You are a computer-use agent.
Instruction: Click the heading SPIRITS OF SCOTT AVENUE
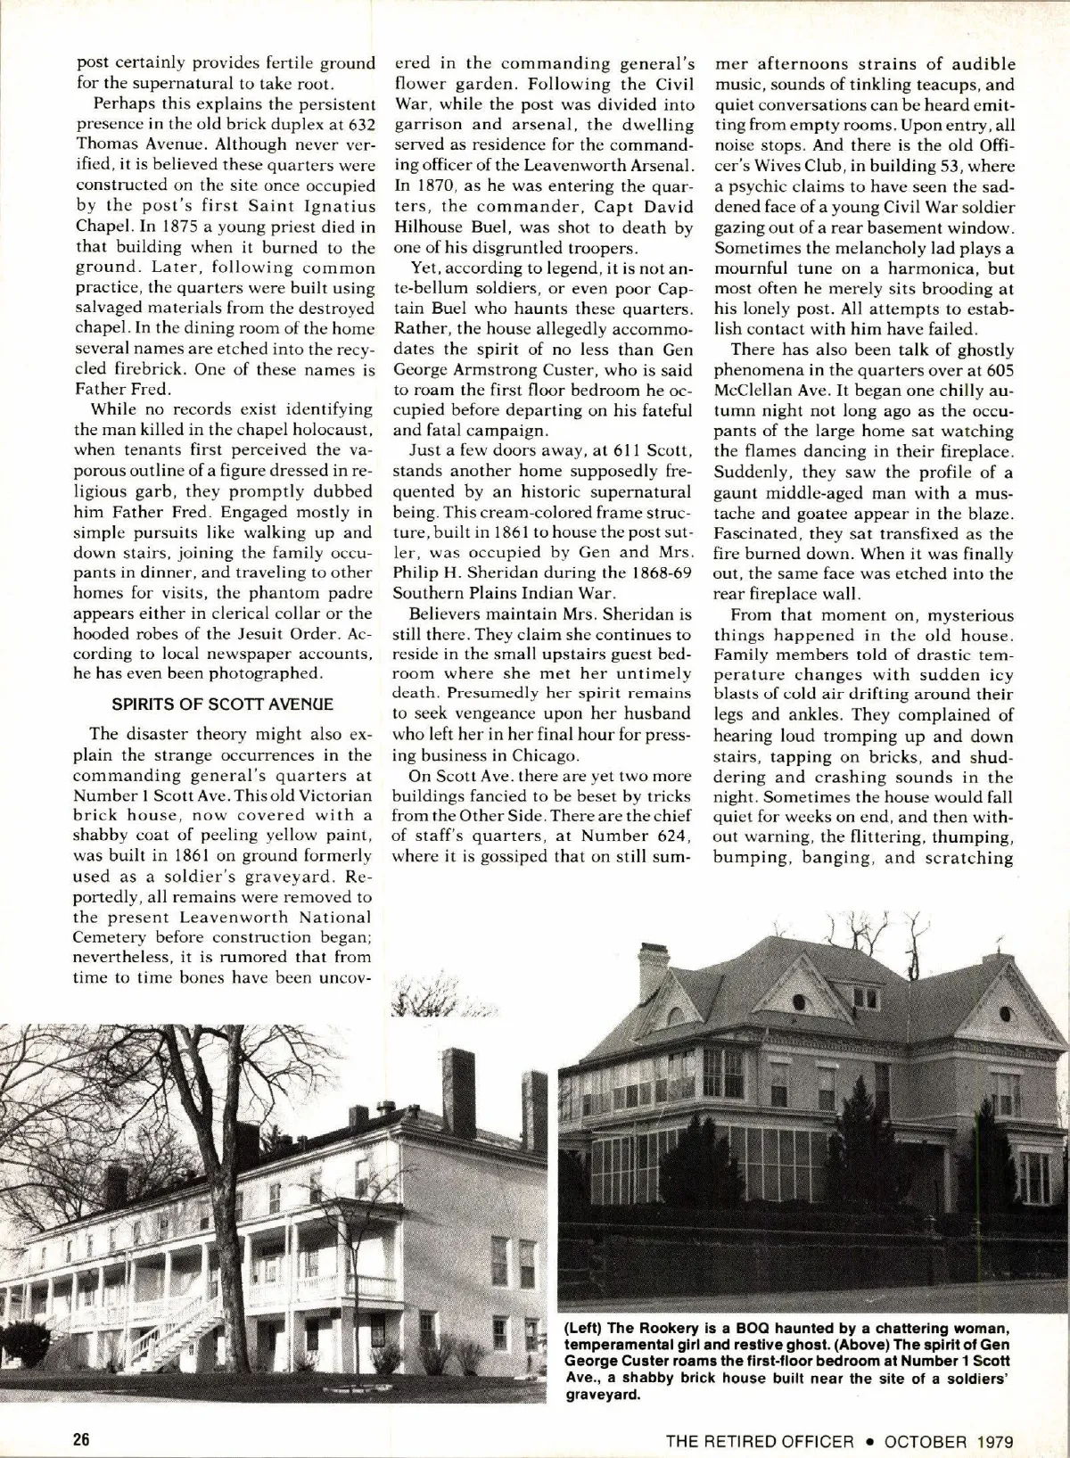pos(222,704)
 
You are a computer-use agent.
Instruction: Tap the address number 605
pos(997,371)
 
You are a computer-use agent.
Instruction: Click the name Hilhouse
pos(429,227)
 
